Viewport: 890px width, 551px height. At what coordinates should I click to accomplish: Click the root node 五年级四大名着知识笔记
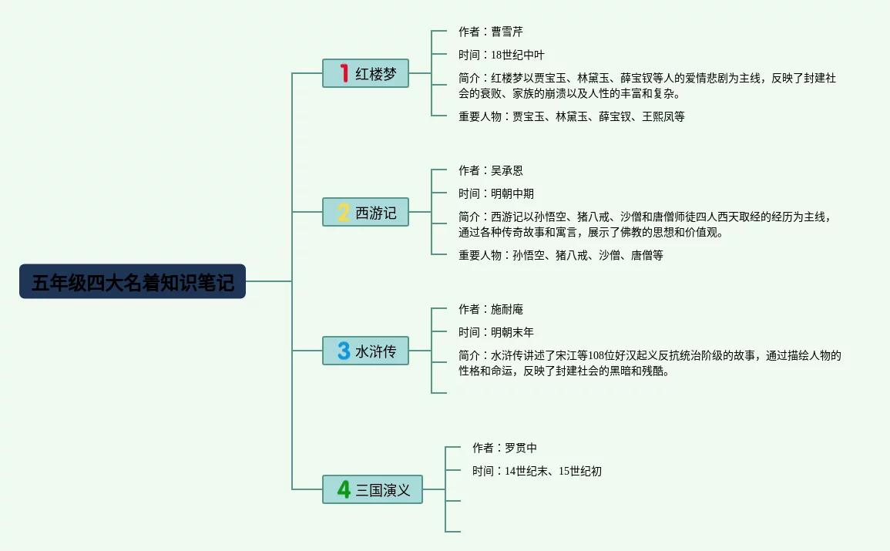pos(133,282)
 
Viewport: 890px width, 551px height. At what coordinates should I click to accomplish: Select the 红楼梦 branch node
pos(365,73)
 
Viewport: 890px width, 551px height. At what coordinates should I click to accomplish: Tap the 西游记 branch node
pos(365,212)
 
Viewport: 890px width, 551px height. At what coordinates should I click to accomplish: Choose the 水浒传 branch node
pos(365,351)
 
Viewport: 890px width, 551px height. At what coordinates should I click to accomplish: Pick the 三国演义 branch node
pos(372,489)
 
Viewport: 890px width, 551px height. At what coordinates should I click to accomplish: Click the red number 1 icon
pos(344,73)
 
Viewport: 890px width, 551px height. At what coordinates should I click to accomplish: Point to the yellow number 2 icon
pos(344,212)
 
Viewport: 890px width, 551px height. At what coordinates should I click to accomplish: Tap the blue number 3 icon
pos(344,351)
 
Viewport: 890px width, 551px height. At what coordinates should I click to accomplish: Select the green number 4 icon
pos(344,489)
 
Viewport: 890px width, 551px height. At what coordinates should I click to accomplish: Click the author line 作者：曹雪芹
pos(490,32)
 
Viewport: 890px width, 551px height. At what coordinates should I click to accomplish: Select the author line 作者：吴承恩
pos(490,170)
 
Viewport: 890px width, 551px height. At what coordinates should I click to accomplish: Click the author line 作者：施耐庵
pos(490,309)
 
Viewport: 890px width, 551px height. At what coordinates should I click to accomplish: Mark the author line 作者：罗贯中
pos(504,448)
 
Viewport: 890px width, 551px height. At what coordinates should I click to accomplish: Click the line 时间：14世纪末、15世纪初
pos(536,471)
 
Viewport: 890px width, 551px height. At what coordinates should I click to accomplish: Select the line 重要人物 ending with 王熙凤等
pos(571,116)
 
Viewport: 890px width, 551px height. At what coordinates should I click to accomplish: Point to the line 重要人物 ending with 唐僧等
pos(560,255)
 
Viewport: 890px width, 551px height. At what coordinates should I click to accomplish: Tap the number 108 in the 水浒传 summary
pos(598,355)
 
